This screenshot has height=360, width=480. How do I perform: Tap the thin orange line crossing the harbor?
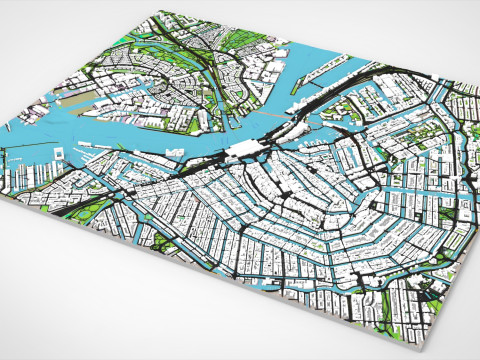[318, 118]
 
